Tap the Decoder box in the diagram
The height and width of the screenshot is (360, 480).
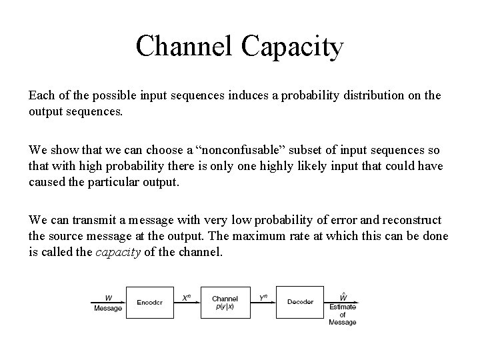click(299, 302)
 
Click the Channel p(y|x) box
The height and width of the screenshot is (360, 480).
click(225, 302)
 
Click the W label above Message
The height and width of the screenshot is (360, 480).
click(108, 298)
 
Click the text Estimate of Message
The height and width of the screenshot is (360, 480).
click(343, 315)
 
